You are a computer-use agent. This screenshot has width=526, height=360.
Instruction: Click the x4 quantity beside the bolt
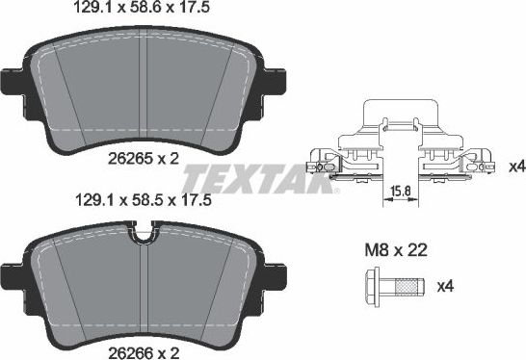pos(445,286)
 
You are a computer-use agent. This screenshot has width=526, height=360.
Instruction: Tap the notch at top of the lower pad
pos(145,230)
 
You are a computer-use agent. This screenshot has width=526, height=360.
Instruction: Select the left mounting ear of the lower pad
pos(13,272)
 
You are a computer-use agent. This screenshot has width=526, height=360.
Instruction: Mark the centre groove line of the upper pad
pos(144,96)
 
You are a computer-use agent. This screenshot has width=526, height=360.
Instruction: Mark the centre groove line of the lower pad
pos(144,289)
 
